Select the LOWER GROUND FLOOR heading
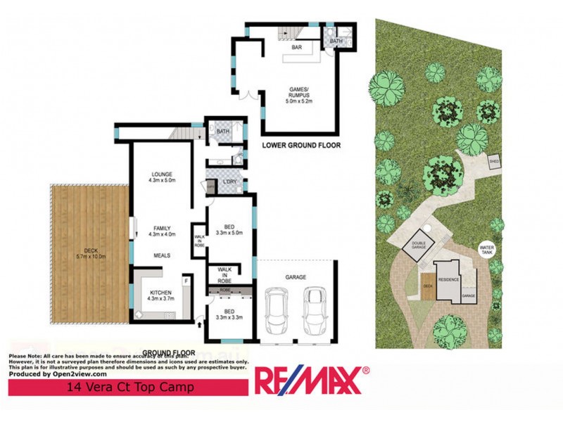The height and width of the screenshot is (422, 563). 301,146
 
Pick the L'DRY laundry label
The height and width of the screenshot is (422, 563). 229,182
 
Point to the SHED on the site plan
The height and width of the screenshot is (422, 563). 494,161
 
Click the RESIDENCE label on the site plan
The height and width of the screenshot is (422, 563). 449,279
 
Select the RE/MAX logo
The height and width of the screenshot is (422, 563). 311,381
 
